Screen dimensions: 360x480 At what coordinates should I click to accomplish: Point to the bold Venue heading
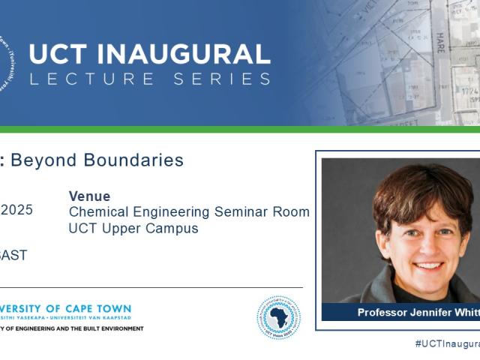[89, 196]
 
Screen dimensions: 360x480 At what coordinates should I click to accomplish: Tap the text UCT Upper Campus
[133, 229]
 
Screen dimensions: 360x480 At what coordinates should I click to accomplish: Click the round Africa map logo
[278, 317]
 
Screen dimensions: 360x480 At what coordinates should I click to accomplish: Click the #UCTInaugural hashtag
[447, 343]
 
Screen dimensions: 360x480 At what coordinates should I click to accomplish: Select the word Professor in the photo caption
[383, 313]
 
